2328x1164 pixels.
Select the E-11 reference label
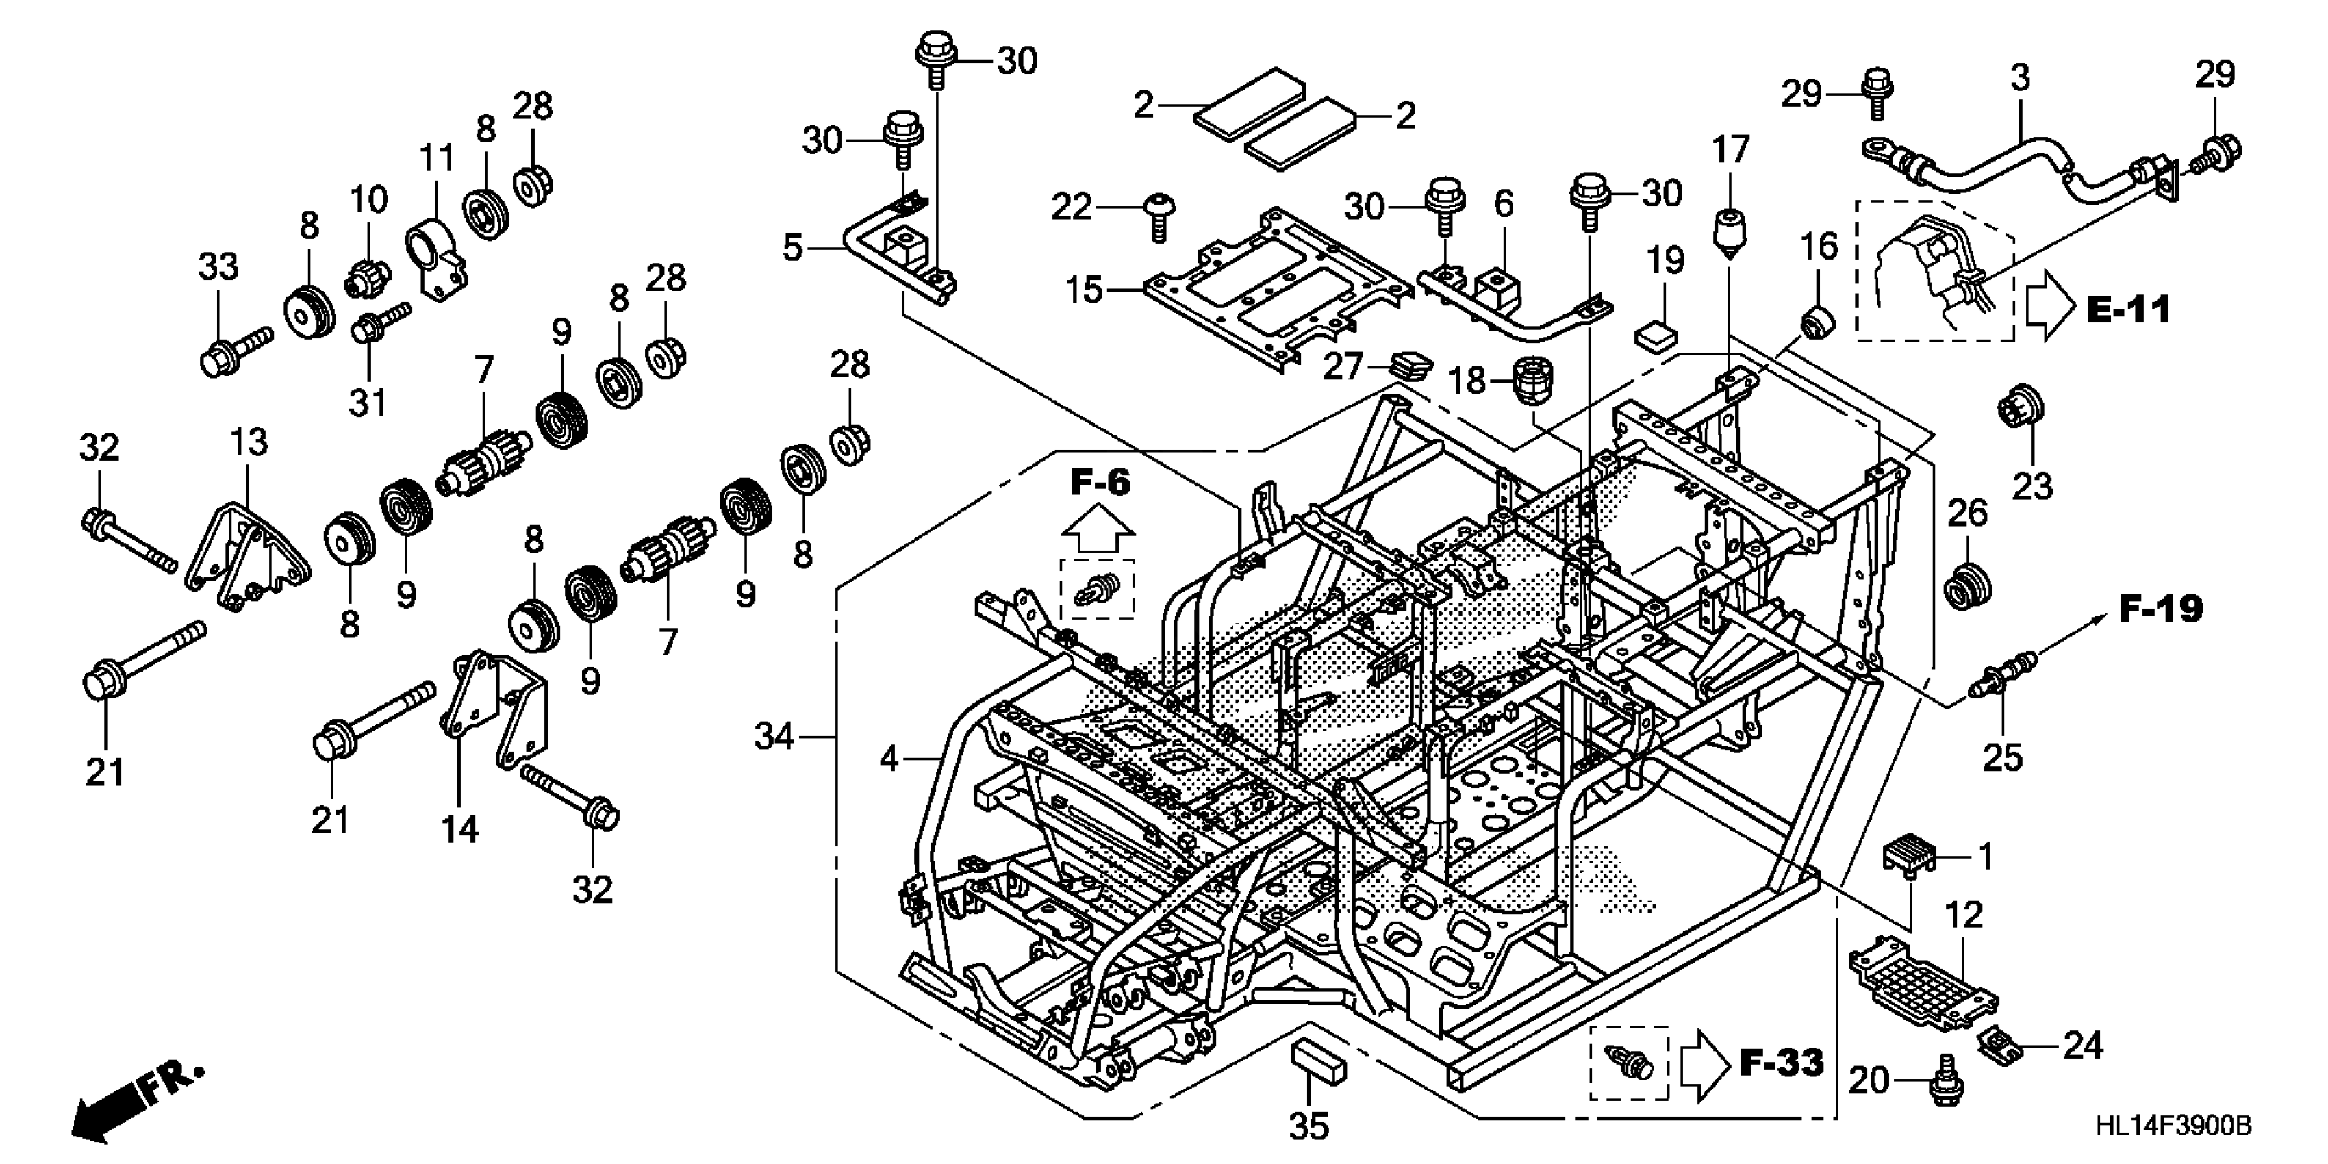point(2128,310)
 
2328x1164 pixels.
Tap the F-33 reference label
point(1781,1063)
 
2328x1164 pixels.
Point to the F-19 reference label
point(2161,609)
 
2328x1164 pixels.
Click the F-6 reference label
point(1100,483)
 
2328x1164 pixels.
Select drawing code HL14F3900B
point(2173,1126)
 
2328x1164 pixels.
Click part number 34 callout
point(774,737)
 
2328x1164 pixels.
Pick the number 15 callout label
point(1084,290)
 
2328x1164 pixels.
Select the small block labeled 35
point(1319,1060)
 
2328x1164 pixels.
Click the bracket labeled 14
point(497,709)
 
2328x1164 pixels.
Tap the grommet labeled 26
point(1966,585)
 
